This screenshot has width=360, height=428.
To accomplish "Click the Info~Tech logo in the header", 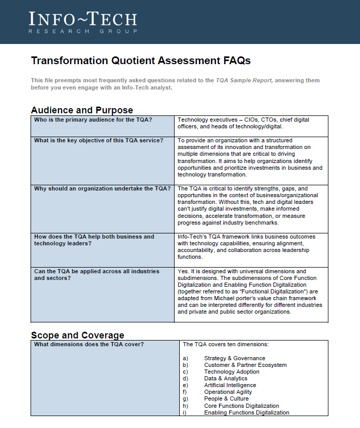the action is [x=83, y=20].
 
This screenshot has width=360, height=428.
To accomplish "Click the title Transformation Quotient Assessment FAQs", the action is [x=141, y=61].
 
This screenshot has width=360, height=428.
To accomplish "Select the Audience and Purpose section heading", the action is [x=82, y=110].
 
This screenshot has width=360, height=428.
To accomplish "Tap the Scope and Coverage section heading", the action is [x=78, y=335].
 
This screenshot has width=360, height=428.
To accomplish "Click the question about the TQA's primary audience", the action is [x=93, y=120].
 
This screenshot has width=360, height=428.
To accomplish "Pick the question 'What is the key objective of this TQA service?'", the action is [x=98, y=140].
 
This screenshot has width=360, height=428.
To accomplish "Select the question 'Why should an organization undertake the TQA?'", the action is [x=102, y=188].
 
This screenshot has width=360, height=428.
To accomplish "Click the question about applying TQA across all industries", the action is [x=97, y=274].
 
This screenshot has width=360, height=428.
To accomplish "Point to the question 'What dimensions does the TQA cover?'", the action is [x=89, y=344].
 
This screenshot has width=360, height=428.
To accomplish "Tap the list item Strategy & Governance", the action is [x=234, y=358].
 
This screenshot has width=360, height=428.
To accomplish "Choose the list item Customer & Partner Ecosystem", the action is [x=245, y=365].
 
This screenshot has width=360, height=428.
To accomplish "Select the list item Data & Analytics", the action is [x=225, y=378].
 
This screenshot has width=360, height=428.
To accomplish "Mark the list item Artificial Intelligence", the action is [x=229, y=385].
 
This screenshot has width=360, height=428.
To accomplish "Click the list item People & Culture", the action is [x=226, y=399].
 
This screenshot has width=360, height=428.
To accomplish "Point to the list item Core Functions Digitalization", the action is [x=241, y=406].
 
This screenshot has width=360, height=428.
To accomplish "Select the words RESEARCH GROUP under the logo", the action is [x=83, y=32].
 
